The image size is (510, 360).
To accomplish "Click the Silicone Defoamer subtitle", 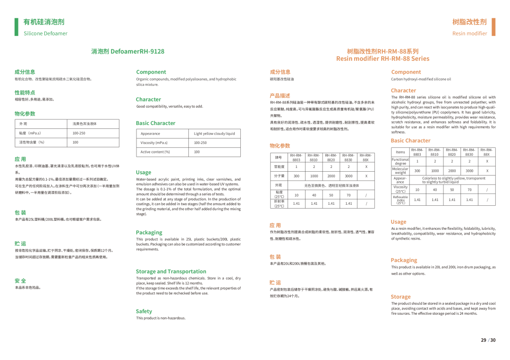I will (46, 33).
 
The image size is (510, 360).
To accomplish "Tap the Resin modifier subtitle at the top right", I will (469, 33).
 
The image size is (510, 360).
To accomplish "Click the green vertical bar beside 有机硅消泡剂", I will (17, 27).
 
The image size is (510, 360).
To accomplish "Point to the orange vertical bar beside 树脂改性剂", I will (493, 27).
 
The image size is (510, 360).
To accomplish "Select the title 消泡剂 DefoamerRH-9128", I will (127, 51).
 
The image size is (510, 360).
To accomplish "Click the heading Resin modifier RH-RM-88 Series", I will (382, 59).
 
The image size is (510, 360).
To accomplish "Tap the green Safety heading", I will (144, 311).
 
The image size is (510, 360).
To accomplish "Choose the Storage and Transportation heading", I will (171, 271).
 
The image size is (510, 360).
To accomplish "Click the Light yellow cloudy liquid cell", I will (214, 134).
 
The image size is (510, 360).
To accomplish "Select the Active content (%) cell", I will (155, 152).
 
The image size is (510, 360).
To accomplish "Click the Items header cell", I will (400, 152).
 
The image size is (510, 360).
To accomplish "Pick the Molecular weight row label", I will (400, 171).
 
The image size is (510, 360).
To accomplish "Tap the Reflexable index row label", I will (400, 200).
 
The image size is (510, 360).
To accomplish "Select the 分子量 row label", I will (279, 176).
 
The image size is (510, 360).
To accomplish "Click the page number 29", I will (484, 340).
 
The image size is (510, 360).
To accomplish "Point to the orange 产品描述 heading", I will (280, 96).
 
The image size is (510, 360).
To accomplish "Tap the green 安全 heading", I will (20, 281).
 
